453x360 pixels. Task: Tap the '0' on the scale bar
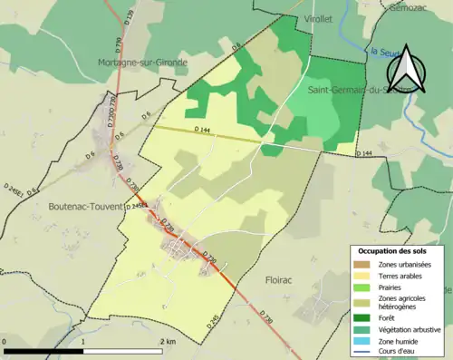tap(6, 342)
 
